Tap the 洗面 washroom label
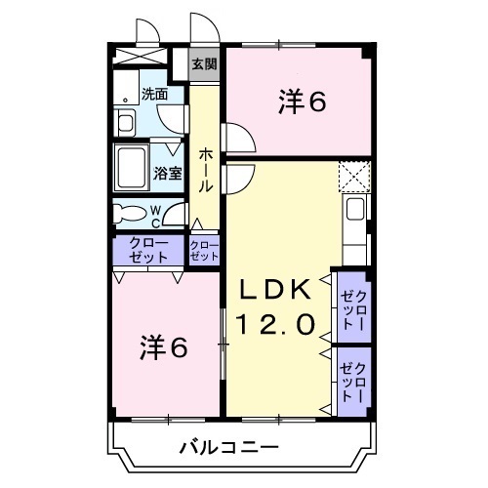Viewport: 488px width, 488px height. pos(154,95)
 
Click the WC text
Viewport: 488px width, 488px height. pos(155,215)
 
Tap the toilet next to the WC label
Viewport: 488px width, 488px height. pos(128,212)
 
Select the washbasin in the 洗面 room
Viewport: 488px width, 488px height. pos(126,124)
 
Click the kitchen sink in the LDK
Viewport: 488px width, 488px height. pos(355,211)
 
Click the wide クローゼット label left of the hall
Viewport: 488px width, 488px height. pos(147,251)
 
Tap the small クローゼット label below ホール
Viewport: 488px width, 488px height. pos(204,251)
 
